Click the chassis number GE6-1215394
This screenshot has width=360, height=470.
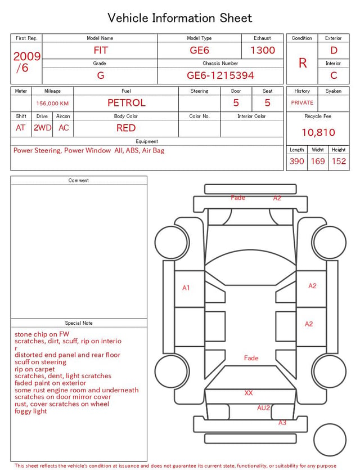220,75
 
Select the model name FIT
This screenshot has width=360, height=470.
101,50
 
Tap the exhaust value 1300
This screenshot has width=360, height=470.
263,50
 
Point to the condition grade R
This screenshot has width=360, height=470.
303,63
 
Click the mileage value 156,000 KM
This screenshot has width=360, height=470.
52,104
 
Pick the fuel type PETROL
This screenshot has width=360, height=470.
127,103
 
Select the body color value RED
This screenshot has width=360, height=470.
126,128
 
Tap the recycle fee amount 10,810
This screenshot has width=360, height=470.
318,132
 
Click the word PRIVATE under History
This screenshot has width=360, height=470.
302,102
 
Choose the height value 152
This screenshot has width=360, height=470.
339,161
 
